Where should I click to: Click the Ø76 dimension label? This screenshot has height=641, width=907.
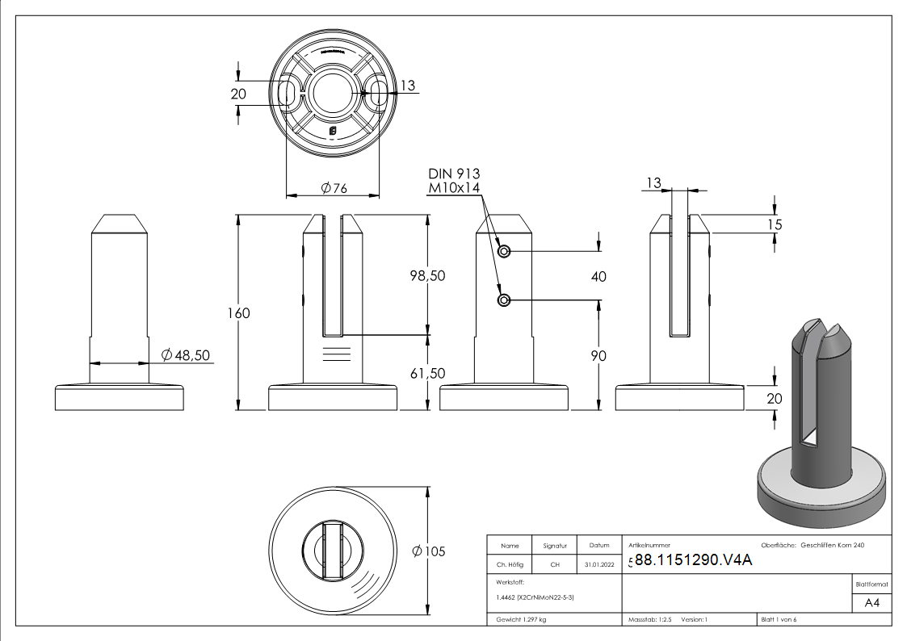(334, 188)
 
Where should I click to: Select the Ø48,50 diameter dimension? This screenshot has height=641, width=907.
(186, 355)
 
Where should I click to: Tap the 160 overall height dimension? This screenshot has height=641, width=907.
(240, 313)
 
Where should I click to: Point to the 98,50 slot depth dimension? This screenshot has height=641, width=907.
(427, 275)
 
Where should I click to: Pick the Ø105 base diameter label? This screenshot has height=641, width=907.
(428, 551)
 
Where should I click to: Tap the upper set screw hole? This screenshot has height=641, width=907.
(505, 252)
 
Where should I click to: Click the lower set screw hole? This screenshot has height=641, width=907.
(505, 301)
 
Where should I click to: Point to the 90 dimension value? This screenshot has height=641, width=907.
(598, 356)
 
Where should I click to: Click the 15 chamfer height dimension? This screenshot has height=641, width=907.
(774, 224)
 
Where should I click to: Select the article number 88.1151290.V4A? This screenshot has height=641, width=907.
(693, 560)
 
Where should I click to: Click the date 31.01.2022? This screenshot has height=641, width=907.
(598, 565)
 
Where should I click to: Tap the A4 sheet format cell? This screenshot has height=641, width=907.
(871, 603)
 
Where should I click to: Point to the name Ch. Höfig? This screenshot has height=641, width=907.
(510, 565)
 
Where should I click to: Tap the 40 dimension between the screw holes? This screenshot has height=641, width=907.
(598, 276)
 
